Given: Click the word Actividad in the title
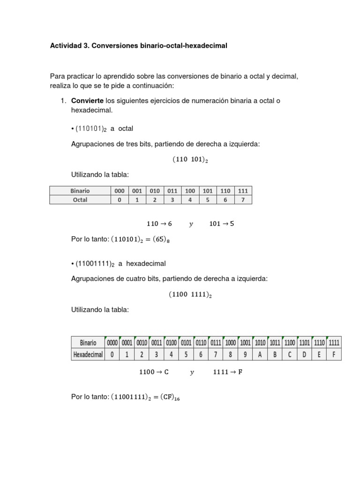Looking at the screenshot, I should click(66, 46).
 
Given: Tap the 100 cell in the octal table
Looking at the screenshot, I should click(190, 191).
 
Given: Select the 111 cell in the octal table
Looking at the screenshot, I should click(243, 191).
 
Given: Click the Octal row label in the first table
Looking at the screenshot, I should click(80, 200).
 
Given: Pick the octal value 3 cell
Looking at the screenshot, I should click(172, 200).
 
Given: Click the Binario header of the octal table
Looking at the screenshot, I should click(80, 191).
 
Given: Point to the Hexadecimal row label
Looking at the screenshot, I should click(88, 355).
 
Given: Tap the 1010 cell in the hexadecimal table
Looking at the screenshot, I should click(260, 343).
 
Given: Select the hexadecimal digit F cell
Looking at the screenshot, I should click(334, 355).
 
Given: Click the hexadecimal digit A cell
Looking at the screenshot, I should click(260, 355).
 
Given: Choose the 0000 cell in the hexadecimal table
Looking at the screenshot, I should click(112, 343).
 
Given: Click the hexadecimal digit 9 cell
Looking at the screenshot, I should click(245, 355).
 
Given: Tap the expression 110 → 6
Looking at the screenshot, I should click(159, 224).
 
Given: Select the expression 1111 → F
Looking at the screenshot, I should click(228, 372).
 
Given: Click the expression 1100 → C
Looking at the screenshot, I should click(154, 372).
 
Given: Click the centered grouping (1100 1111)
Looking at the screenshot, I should click(190, 295).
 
